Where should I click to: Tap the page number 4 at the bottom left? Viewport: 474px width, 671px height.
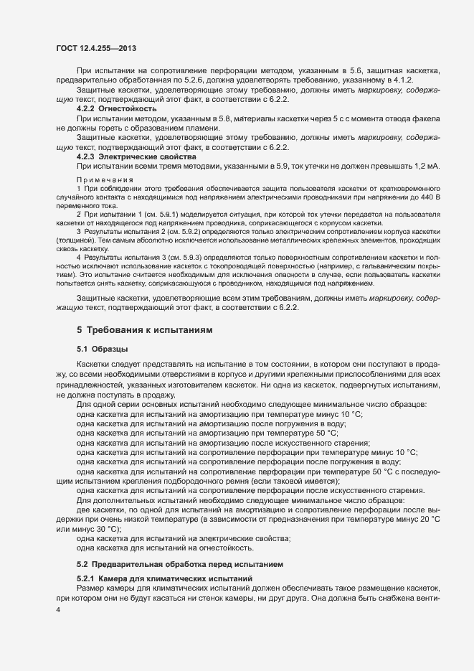click(x=58, y=609)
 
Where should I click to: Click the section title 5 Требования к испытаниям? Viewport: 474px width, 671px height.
click(x=143, y=329)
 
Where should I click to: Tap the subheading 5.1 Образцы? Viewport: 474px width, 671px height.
click(x=103, y=349)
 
